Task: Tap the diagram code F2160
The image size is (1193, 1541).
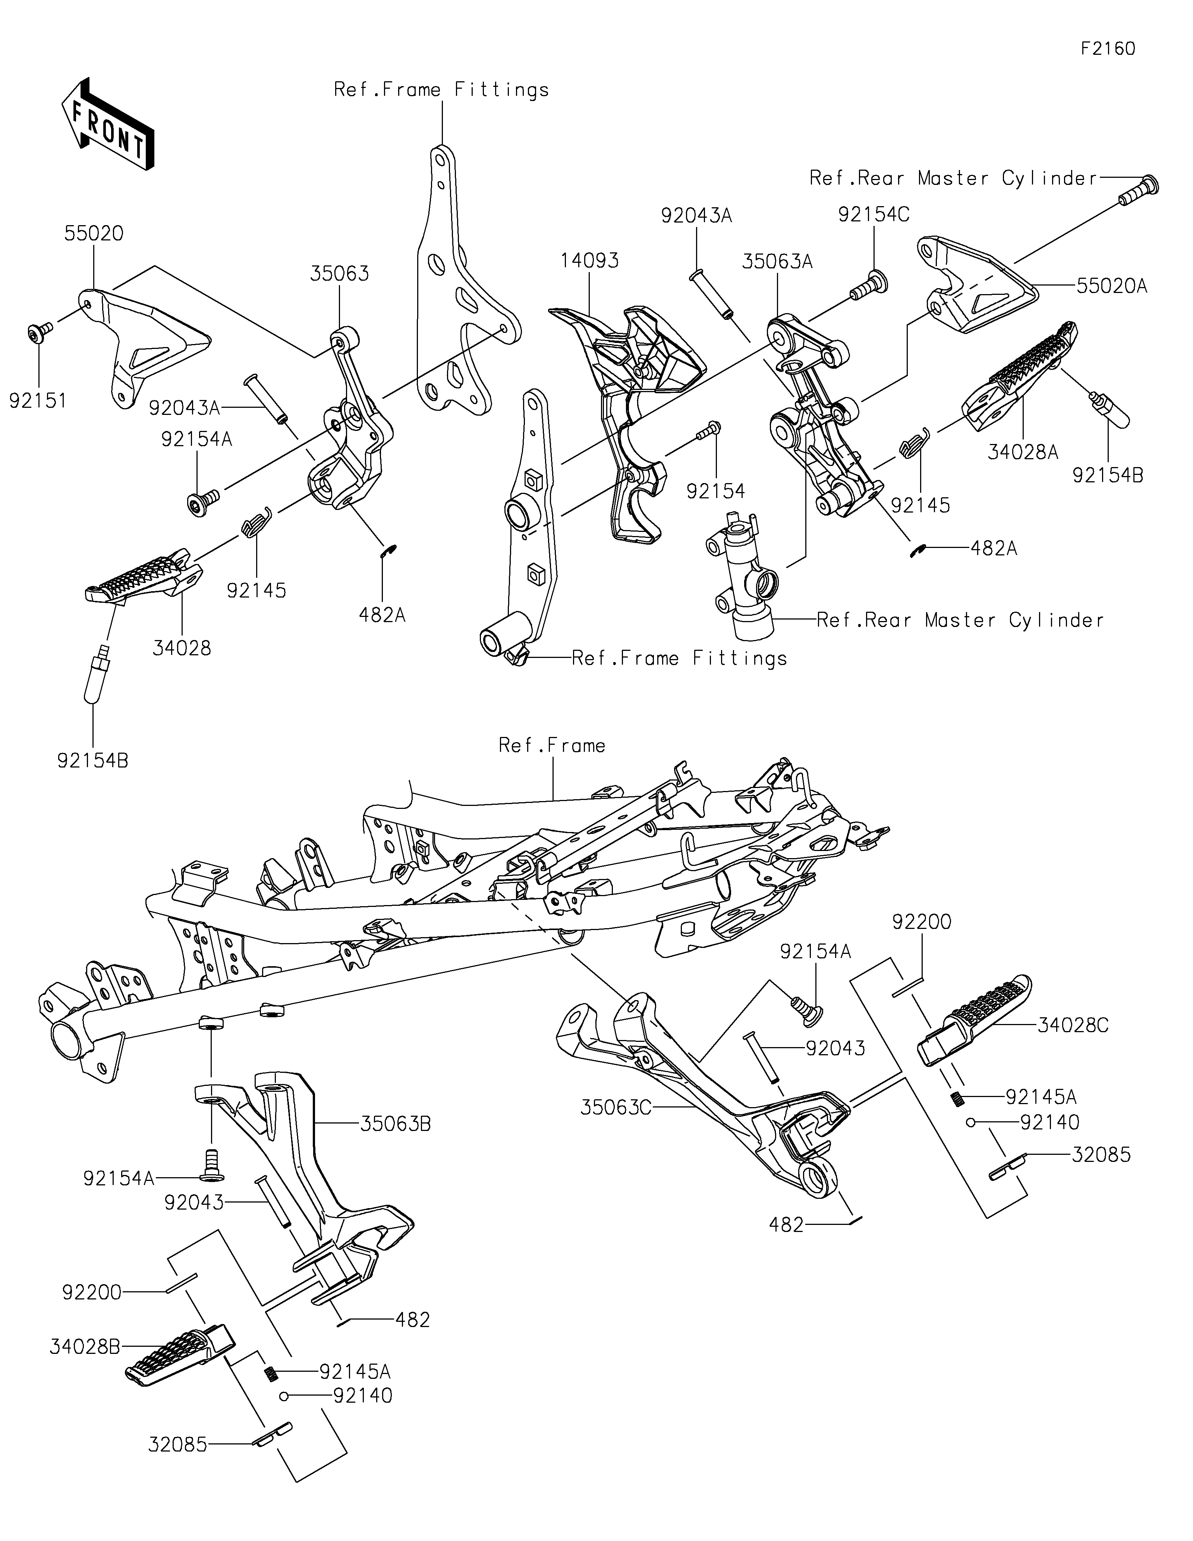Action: coord(1108,49)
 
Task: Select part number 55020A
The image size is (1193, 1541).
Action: coord(1112,286)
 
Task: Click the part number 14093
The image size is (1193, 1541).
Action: coord(590,260)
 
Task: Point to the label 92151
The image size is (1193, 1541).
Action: coord(38,401)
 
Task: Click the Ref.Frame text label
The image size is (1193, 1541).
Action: coord(552,746)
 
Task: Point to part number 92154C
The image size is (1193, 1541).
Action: coord(874,214)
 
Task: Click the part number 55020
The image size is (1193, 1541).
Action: coord(94,234)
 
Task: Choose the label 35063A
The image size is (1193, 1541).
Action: coord(777,262)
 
